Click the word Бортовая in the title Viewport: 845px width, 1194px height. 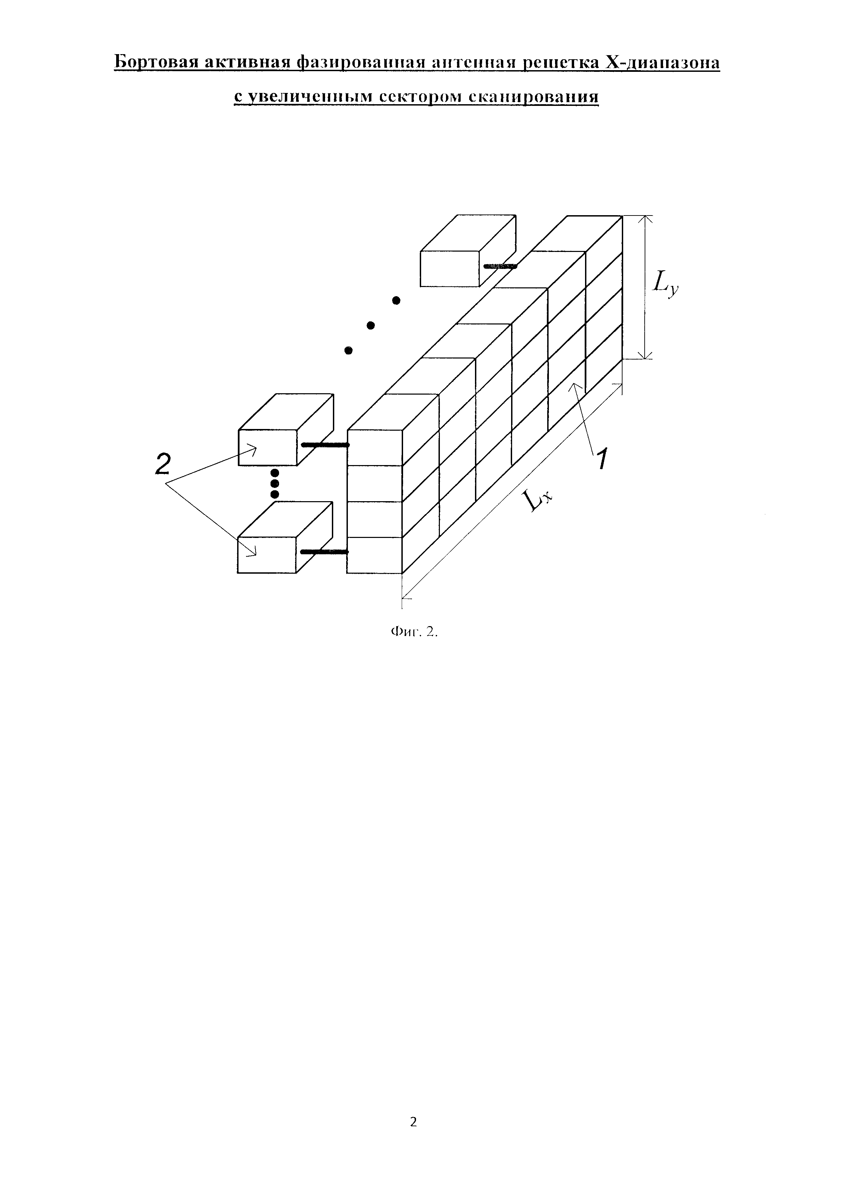[x=155, y=63]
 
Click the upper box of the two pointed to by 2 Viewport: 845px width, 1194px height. [x=267, y=447]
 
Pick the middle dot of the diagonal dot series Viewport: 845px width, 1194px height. [x=371, y=325]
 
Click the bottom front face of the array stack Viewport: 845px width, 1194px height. [x=375, y=555]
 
